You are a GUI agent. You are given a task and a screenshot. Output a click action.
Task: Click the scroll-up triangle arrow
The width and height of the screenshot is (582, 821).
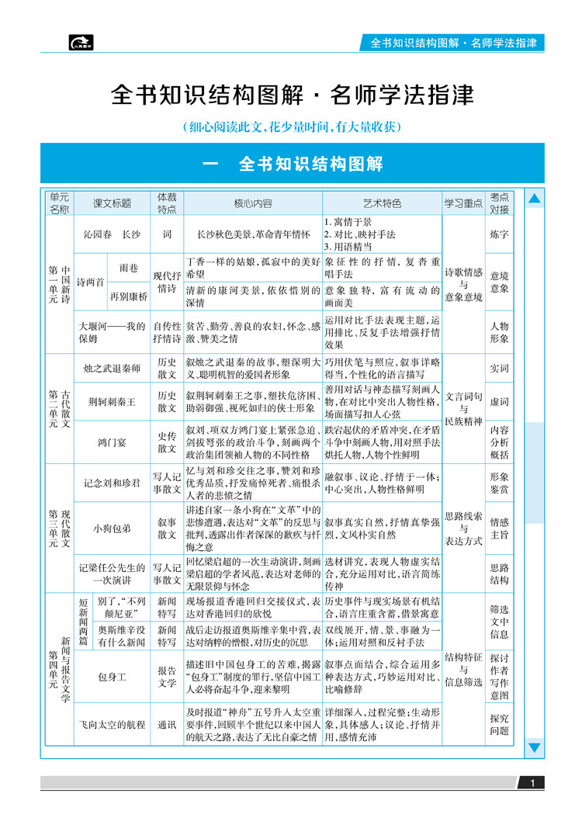pyautogui.click(x=534, y=199)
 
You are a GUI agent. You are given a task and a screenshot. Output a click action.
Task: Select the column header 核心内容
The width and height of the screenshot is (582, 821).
pyautogui.click(x=253, y=203)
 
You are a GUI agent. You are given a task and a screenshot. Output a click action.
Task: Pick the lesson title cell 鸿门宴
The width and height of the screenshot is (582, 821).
pyautogui.click(x=113, y=442)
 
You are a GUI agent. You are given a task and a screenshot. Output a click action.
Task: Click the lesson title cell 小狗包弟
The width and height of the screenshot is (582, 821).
pyautogui.click(x=113, y=528)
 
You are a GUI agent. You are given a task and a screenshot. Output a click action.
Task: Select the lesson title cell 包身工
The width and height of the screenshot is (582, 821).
pyautogui.click(x=113, y=677)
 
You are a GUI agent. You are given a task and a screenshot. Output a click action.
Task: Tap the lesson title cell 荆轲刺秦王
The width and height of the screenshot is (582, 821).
pyautogui.click(x=113, y=402)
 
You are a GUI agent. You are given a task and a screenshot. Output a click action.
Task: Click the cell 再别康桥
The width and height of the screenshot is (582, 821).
pyautogui.click(x=129, y=296)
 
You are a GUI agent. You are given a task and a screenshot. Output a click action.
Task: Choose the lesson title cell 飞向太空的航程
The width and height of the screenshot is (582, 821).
pyautogui.click(x=113, y=725)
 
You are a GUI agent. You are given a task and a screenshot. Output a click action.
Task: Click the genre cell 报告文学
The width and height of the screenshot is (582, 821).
pyautogui.click(x=167, y=677)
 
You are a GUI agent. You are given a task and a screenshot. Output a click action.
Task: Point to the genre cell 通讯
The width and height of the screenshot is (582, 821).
pyautogui.click(x=167, y=725)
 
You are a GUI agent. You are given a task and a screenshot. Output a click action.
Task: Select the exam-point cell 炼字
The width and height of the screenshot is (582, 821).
pyautogui.click(x=500, y=233)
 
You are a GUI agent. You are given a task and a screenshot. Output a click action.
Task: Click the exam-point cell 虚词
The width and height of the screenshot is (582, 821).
pyautogui.click(x=500, y=402)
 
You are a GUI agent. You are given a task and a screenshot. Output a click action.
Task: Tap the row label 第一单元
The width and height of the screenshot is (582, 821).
pyautogui.click(x=53, y=283)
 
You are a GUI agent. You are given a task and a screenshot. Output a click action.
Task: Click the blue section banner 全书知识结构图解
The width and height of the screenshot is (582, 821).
pyautogui.click(x=292, y=165)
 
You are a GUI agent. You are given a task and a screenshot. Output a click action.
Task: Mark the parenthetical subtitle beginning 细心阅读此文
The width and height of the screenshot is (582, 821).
pyautogui.click(x=292, y=126)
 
